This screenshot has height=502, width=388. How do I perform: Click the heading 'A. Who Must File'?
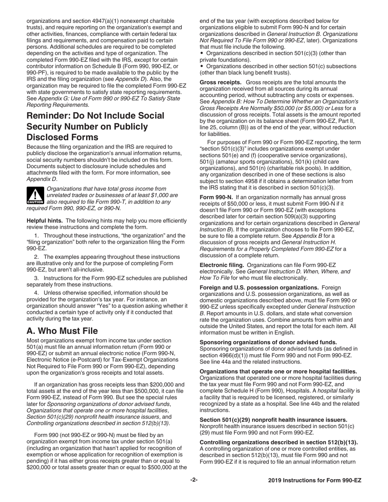click(62, 331)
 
